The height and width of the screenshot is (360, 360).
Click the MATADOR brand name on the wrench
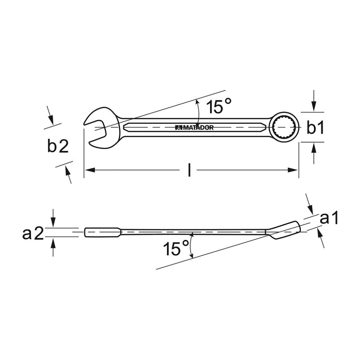click(194, 128)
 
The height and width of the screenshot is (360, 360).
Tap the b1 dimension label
click(315, 128)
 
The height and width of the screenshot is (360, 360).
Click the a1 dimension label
click(329, 218)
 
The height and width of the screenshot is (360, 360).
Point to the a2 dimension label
click(33, 234)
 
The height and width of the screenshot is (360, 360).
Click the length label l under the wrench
click(189, 170)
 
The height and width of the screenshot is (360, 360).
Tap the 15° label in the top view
click(219, 106)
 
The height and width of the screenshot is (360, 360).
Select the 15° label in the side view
click(176, 248)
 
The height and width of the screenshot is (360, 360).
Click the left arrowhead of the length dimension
click(90, 170)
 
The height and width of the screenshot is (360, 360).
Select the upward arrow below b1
click(314, 153)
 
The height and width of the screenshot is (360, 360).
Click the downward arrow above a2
click(53, 218)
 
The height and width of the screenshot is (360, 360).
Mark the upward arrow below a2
click(53, 247)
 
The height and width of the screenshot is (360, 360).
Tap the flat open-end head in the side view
click(103, 232)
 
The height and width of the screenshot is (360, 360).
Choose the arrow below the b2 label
click(68, 175)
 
